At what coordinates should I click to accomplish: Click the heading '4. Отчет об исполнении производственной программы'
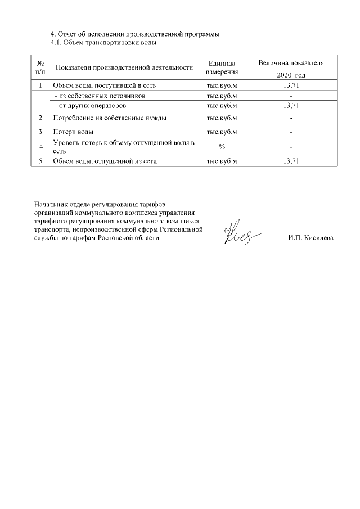click(134, 34)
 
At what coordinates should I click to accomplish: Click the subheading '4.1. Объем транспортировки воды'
click(103, 42)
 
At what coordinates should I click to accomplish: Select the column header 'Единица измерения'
click(221, 67)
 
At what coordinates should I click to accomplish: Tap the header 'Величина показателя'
click(291, 62)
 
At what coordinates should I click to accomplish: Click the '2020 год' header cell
click(291, 75)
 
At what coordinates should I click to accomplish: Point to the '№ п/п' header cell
click(40, 67)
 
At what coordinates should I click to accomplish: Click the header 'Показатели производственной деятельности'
click(124, 67)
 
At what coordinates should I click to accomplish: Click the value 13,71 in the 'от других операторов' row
click(291, 105)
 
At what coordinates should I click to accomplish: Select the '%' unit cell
click(221, 147)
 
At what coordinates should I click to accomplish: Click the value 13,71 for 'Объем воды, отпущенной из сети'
click(291, 161)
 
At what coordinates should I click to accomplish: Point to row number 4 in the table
click(40, 147)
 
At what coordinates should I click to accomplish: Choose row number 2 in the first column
click(40, 118)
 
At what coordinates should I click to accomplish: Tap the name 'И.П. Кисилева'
click(310, 238)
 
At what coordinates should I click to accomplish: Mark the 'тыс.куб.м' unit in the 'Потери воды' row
click(221, 132)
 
